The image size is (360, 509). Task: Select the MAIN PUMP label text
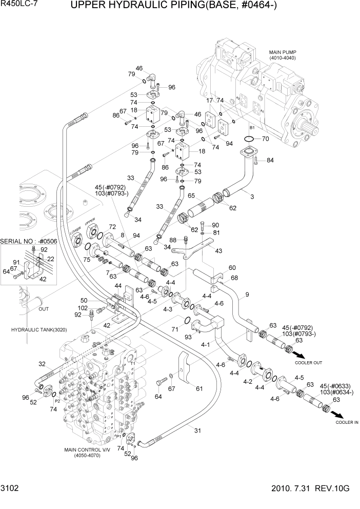point(283,52)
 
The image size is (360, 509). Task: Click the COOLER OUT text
point(308,363)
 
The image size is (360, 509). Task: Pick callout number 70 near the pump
point(265,139)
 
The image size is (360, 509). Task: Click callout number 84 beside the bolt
point(270,161)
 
